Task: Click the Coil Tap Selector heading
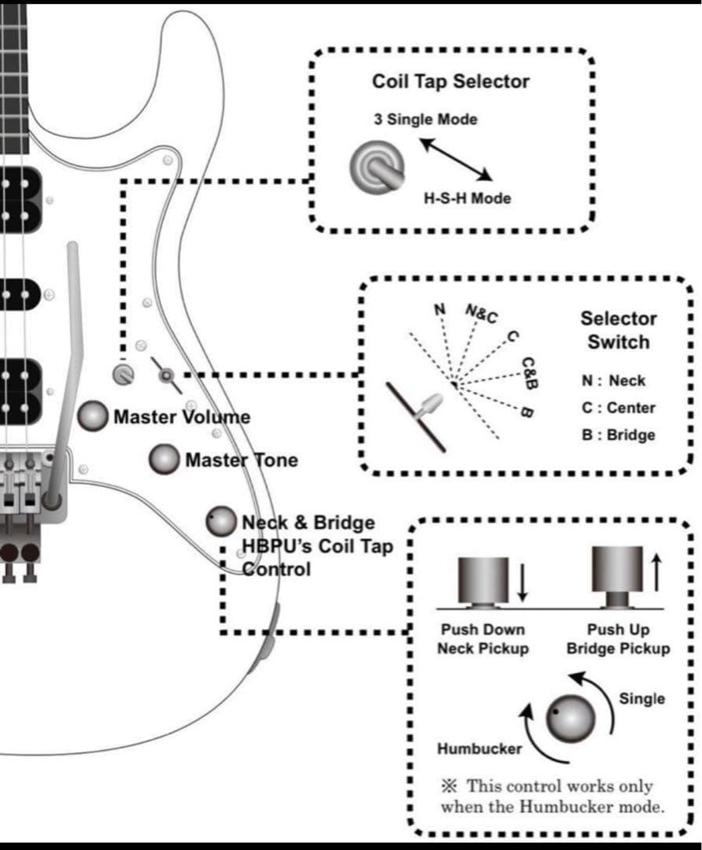[x=450, y=82]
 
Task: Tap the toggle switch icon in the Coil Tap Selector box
[x=376, y=166]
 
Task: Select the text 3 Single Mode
[x=425, y=120]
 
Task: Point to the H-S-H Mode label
[x=467, y=198]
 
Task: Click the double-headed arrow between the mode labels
[x=455, y=158]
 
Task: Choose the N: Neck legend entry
[x=613, y=381]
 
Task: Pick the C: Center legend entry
[x=618, y=408]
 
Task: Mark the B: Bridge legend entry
[x=618, y=434]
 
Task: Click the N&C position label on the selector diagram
[x=482, y=315]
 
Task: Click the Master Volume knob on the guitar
[x=94, y=416]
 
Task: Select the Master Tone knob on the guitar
[x=164, y=460]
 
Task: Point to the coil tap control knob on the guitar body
[x=221, y=520]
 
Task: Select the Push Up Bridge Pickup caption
[x=629, y=639]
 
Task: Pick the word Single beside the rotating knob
[x=641, y=699]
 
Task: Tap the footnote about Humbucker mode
[x=551, y=796]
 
